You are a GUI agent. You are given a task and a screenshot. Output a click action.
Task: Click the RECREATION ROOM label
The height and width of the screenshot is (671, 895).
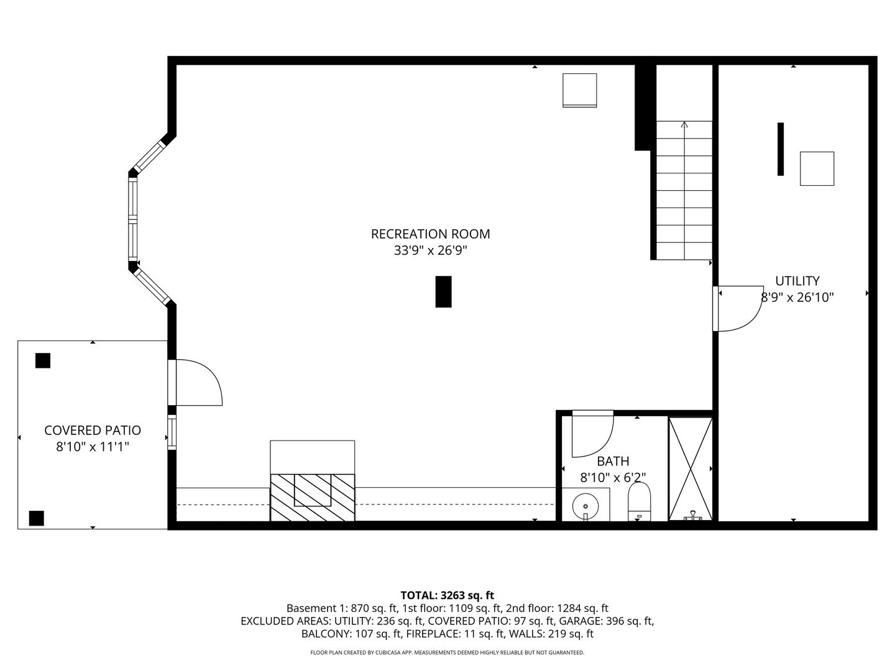tap(430, 234)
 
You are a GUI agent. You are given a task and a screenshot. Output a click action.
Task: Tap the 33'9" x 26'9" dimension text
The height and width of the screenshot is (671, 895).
tap(430, 251)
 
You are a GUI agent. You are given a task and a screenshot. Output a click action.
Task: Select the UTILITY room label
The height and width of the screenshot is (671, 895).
tap(797, 281)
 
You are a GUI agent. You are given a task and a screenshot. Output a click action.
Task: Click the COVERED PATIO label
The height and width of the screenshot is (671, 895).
tap(93, 431)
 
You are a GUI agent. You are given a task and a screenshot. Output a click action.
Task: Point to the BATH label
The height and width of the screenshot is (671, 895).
tap(613, 461)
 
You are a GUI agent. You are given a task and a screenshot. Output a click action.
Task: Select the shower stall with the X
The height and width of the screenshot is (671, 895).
tap(691, 468)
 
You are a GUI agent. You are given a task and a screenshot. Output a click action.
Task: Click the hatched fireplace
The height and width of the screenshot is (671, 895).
tap(312, 497)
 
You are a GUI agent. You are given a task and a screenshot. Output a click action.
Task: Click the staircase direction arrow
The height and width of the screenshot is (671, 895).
tap(684, 126)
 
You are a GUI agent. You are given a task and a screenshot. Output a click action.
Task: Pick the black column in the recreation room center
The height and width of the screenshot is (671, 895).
tap(443, 291)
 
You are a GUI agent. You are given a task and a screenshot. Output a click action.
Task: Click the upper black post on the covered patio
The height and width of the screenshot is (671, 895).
tap(42, 360)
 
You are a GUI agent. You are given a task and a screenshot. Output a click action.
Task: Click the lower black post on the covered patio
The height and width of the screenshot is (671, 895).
tap(37, 518)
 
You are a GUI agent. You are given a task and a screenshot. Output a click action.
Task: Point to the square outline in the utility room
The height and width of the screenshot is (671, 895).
tap(817, 168)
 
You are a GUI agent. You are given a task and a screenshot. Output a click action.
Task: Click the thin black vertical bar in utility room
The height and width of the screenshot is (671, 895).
tap(781, 149)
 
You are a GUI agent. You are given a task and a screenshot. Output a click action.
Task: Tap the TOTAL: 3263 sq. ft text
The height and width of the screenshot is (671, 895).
tap(447, 595)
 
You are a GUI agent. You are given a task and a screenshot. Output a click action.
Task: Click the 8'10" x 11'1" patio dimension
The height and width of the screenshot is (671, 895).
tap(93, 447)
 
